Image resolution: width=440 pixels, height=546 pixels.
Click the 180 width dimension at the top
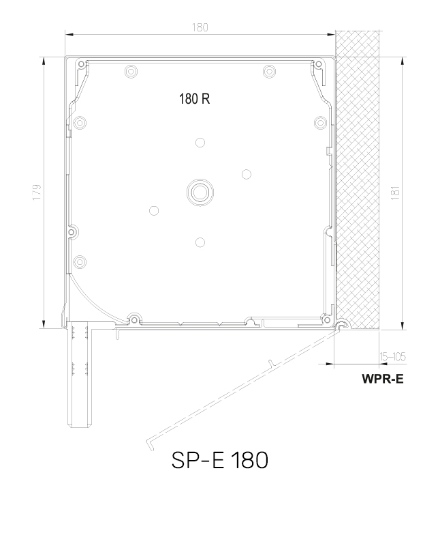pos(200,27)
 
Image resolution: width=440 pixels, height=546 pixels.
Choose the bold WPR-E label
pos(382,379)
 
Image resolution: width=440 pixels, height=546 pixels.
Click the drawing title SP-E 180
pos(219,461)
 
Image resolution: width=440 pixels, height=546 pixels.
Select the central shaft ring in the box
pos(200,192)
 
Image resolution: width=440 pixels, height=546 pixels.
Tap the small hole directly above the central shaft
pos(200,143)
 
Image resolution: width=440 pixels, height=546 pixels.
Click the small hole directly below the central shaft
pos(200,242)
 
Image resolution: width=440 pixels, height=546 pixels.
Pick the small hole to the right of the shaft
pos(246,173)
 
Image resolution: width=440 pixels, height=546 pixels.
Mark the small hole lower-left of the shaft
pos(154,211)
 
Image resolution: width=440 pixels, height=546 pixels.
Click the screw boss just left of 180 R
pos(130,71)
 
